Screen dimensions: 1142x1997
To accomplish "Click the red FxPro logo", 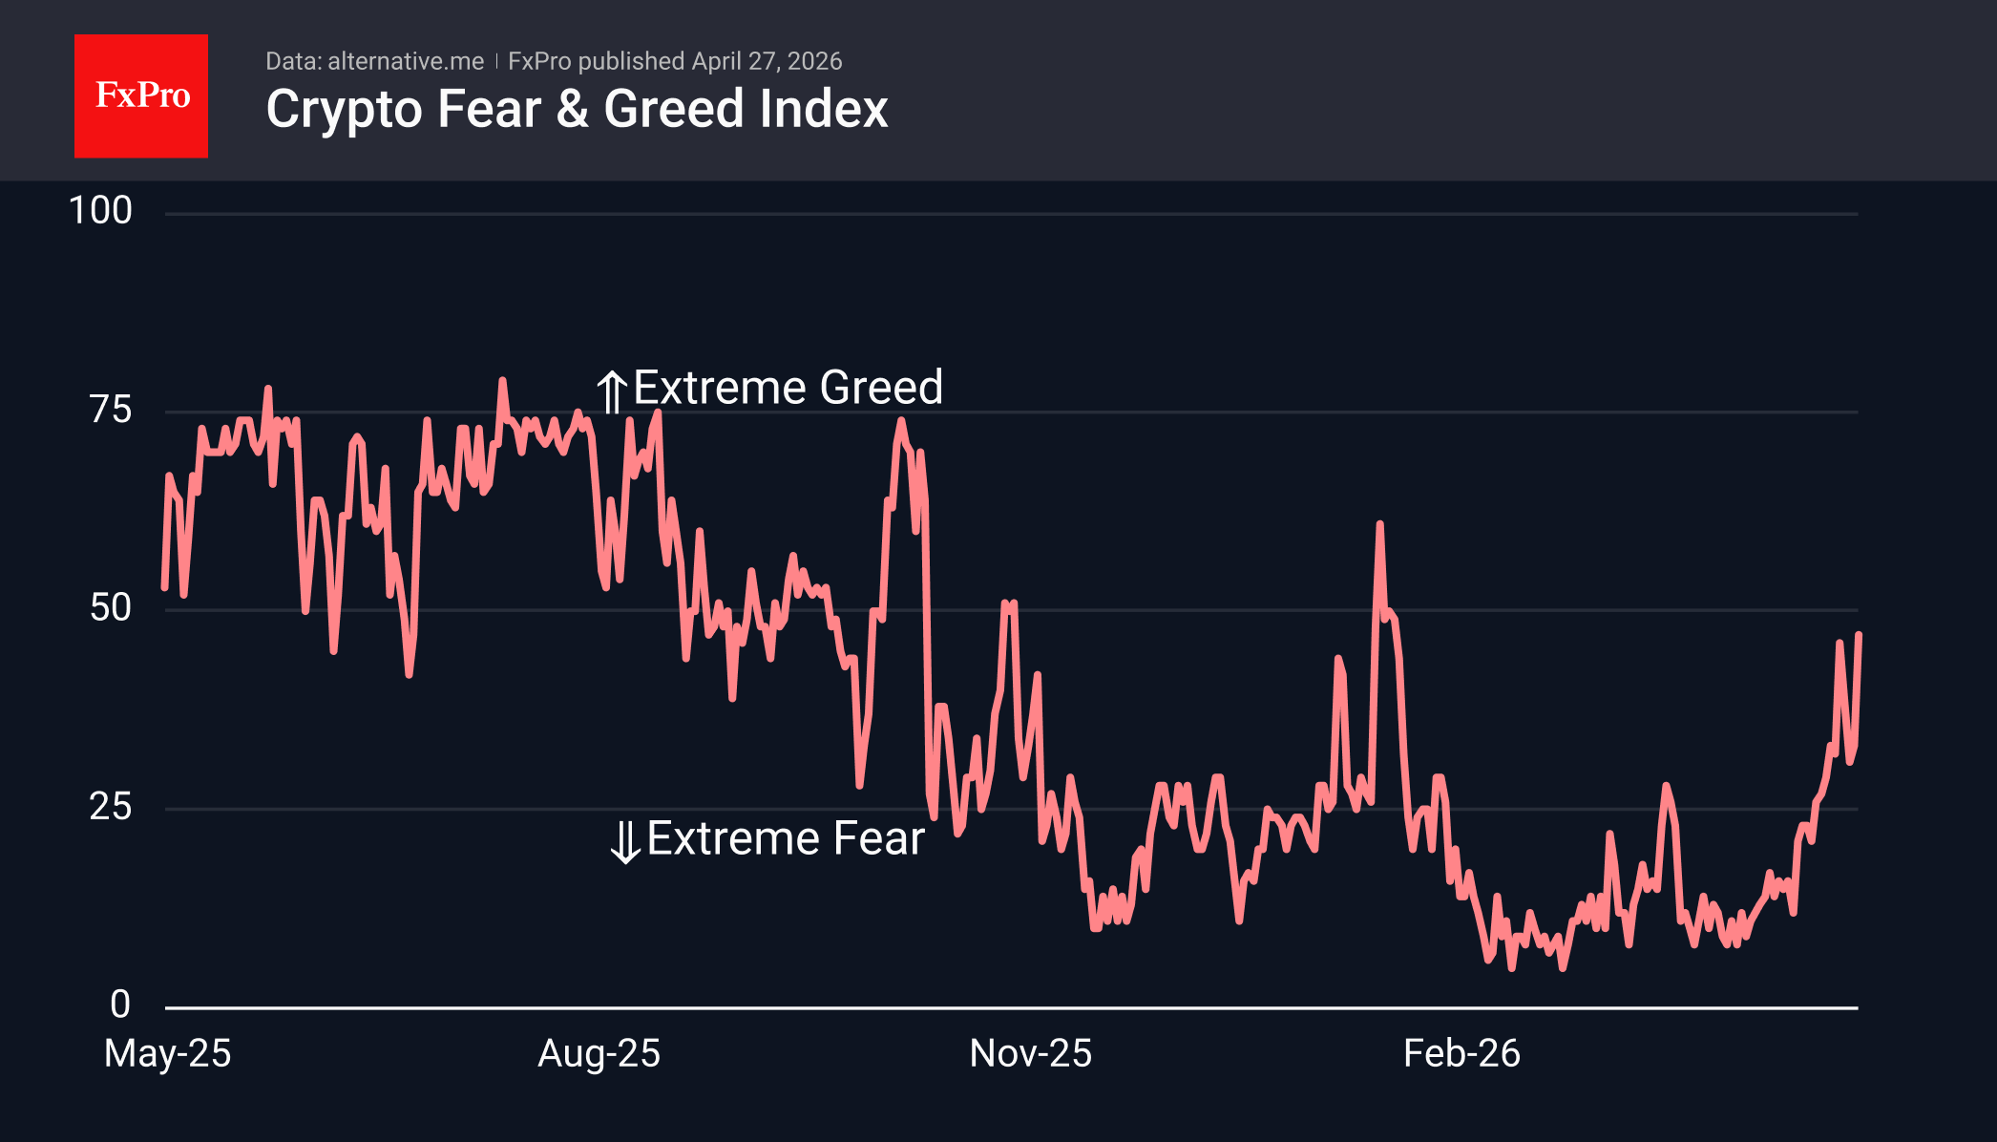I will (141, 96).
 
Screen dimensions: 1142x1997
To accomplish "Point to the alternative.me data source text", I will (405, 61).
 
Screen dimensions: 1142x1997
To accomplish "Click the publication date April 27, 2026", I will (767, 61).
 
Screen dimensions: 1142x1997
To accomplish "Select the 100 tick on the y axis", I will (100, 211).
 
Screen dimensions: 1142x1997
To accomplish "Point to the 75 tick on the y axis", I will (111, 410).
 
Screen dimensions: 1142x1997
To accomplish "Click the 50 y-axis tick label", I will (111, 608).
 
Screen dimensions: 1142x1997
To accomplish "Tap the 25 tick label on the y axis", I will (111, 807).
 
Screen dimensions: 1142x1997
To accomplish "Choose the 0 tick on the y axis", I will (120, 1005).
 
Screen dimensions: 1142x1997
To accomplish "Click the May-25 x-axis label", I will (168, 1054).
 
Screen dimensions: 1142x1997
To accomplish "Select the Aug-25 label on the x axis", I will (599, 1054).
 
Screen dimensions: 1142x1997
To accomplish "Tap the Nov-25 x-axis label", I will (1030, 1054).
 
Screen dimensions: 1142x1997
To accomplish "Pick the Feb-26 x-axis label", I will (1461, 1054).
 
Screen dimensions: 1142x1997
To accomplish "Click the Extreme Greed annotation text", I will (788, 388).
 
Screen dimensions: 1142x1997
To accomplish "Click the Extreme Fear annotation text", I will (786, 838).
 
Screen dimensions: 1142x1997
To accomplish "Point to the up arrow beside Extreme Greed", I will (612, 391).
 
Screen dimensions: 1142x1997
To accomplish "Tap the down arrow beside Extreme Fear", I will (625, 841).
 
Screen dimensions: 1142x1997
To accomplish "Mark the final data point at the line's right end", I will (1858, 635).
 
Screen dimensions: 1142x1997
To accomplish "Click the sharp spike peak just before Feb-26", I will (1379, 524).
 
